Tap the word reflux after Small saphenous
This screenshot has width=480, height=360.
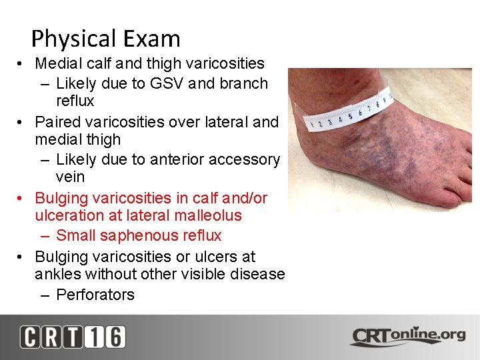[x=201, y=235]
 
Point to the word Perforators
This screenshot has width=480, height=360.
[x=95, y=294]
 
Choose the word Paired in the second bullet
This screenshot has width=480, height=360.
[x=55, y=122]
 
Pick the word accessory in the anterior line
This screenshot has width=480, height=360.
[x=250, y=159]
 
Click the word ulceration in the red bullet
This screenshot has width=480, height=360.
[x=68, y=215]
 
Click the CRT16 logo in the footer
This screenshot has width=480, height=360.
[x=72, y=337]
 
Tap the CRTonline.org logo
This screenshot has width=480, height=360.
[x=407, y=335]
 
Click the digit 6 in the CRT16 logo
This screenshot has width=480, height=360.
[x=113, y=337]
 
